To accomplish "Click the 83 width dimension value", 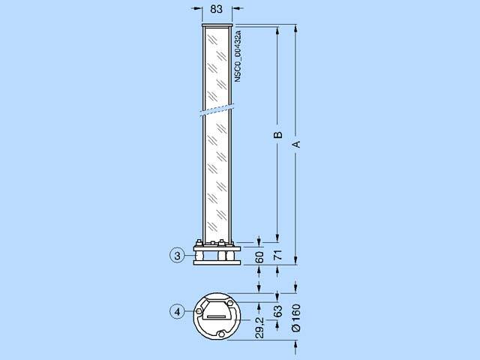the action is click(217, 9).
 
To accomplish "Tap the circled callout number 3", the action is click(177, 256).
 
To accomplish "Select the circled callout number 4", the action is click(177, 312).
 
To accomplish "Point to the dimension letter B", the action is click(277, 135).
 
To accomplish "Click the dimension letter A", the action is click(296, 144).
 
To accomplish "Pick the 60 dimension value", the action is click(259, 257).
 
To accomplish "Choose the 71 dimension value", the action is click(277, 255).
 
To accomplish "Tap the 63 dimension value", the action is click(277, 311).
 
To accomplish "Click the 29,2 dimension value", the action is click(259, 328).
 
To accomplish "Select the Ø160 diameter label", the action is click(296, 318).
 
